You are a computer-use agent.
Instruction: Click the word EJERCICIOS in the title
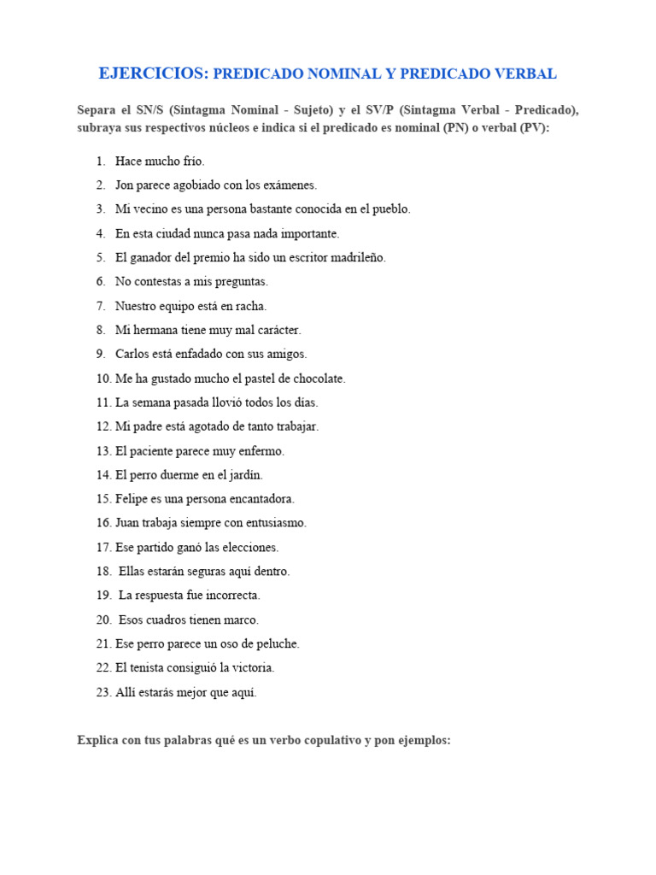tap(153, 73)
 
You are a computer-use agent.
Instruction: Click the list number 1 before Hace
tap(101, 161)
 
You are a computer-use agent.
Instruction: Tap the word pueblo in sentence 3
tap(389, 208)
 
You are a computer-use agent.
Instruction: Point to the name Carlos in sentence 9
tap(132, 354)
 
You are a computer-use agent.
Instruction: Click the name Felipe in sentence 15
tap(132, 499)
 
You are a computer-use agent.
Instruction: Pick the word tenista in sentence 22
tap(156, 668)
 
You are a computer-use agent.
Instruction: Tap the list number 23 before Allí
tap(103, 692)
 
